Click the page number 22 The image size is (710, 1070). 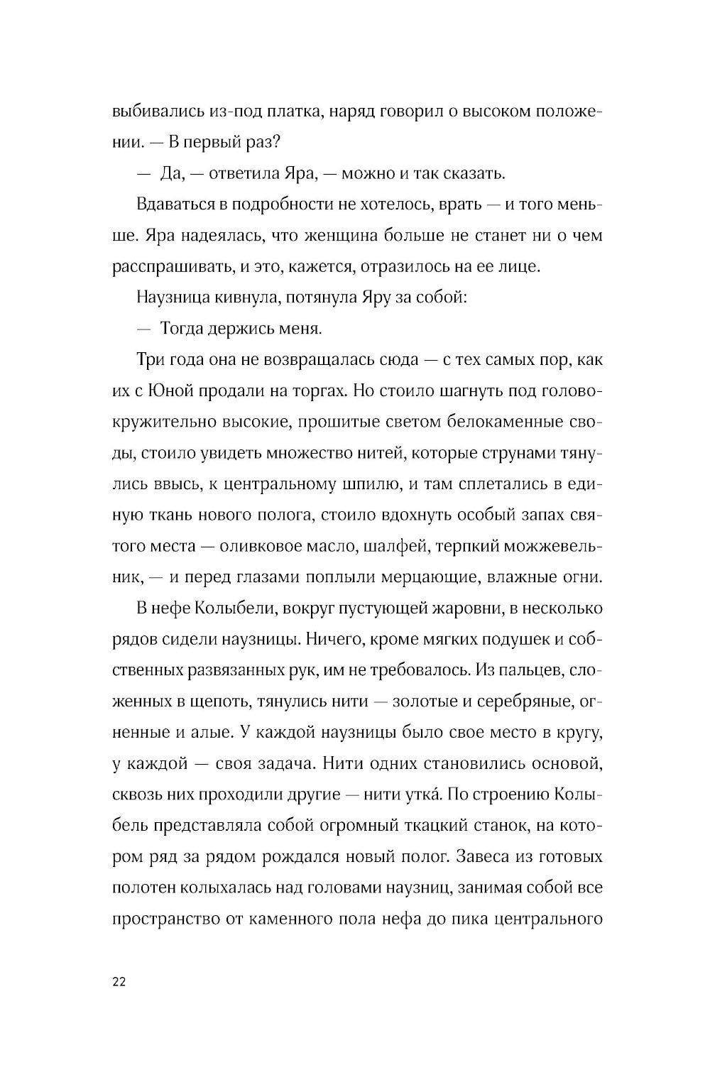pyautogui.click(x=119, y=982)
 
